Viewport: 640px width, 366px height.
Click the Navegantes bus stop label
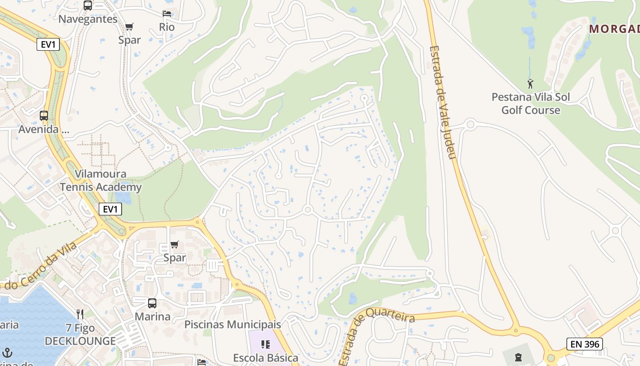click(88, 19)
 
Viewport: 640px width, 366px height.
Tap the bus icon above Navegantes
click(88, 5)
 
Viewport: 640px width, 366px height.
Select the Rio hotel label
click(167, 27)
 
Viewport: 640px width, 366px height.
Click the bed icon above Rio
click(167, 14)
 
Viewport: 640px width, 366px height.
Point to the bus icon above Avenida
click(44, 116)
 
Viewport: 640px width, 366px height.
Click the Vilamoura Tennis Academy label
click(101, 181)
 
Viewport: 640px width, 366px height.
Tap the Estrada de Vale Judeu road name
click(443, 102)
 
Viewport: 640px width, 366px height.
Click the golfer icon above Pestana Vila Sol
click(530, 84)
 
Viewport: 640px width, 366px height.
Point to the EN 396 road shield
click(584, 344)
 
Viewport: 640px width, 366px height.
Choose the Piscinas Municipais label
click(232, 324)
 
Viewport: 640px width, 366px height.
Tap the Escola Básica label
click(266, 358)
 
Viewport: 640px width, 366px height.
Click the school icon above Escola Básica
click(266, 344)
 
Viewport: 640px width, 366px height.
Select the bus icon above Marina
click(152, 303)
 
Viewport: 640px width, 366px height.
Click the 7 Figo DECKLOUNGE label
click(80, 334)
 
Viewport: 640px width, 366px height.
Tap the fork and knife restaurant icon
click(80, 314)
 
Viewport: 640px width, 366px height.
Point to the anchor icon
click(7, 352)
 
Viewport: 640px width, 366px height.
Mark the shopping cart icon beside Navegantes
click(129, 27)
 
